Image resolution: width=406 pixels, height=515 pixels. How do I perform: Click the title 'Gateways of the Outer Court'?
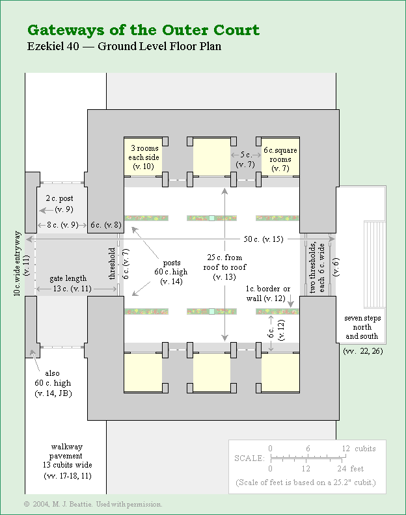pos(143,30)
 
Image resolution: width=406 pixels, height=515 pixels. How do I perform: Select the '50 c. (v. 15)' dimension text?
pos(263,239)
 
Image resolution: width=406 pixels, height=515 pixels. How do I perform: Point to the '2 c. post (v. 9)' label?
pos(58,203)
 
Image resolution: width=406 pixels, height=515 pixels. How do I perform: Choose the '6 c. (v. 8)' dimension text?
pos(105,225)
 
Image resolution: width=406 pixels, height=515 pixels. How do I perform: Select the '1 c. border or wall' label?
pos(268,293)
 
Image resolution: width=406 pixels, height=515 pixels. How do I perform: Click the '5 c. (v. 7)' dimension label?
pos(246,160)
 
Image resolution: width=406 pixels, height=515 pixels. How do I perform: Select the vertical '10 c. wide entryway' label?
pos(21,264)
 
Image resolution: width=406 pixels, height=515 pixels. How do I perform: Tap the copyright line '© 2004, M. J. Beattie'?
pos(92,504)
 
